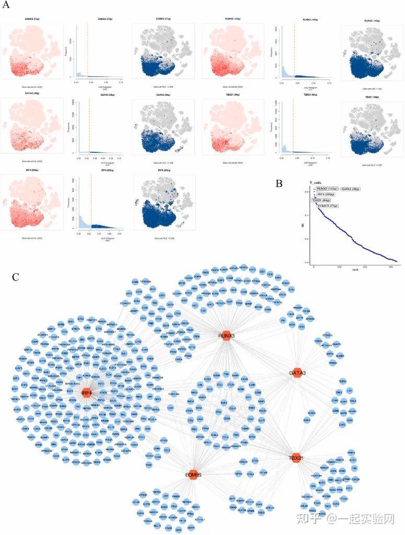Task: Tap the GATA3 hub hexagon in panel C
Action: click(x=297, y=373)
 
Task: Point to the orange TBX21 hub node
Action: click(x=296, y=458)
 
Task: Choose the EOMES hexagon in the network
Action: click(x=193, y=474)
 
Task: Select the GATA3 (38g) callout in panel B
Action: click(x=350, y=189)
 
